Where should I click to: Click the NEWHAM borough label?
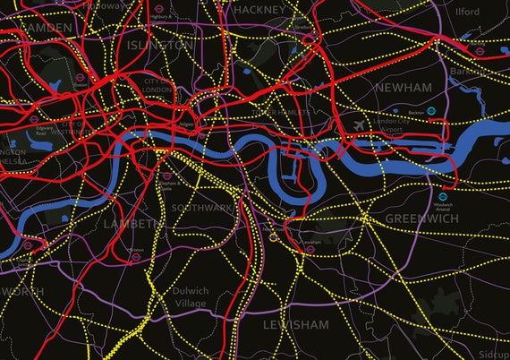pos(404,87)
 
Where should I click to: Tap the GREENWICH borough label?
pos(421,218)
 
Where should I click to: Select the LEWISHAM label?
pos(295,324)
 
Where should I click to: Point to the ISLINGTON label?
pos(160,44)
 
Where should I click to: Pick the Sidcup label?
pos(493,352)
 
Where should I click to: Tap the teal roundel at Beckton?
pos(431,112)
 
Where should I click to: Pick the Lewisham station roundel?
pos(309,250)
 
